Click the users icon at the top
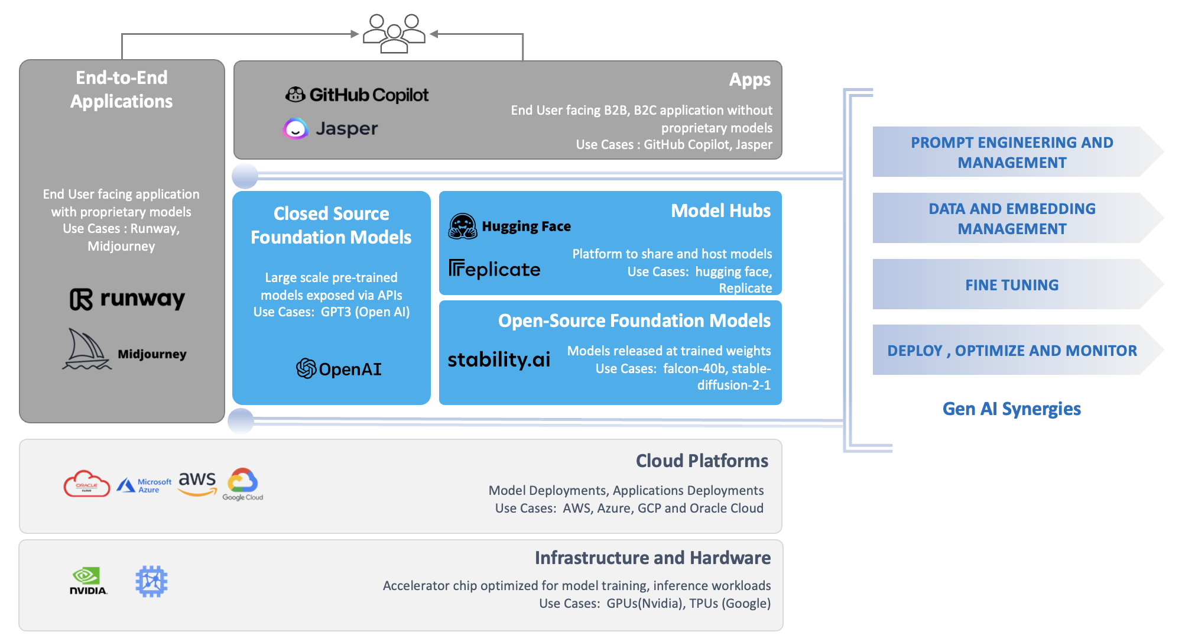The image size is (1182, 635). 394,34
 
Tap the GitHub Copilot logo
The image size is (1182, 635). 357,95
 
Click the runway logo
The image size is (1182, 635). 127,299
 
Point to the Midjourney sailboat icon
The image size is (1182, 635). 86,350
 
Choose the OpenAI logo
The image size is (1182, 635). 339,369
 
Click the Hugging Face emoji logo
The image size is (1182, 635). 463,226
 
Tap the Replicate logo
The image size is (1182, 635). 494,269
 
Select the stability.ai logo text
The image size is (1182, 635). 499,359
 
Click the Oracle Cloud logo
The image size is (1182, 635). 87,484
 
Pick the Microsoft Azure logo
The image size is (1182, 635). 144,485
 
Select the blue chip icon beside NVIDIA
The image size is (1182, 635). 151,581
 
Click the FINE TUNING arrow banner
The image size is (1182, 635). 1012,285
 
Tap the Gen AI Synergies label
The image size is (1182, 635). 1011,409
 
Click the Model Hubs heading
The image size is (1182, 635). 720,211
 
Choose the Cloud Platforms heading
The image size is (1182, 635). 702,461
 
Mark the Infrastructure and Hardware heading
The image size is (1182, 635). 652,558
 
